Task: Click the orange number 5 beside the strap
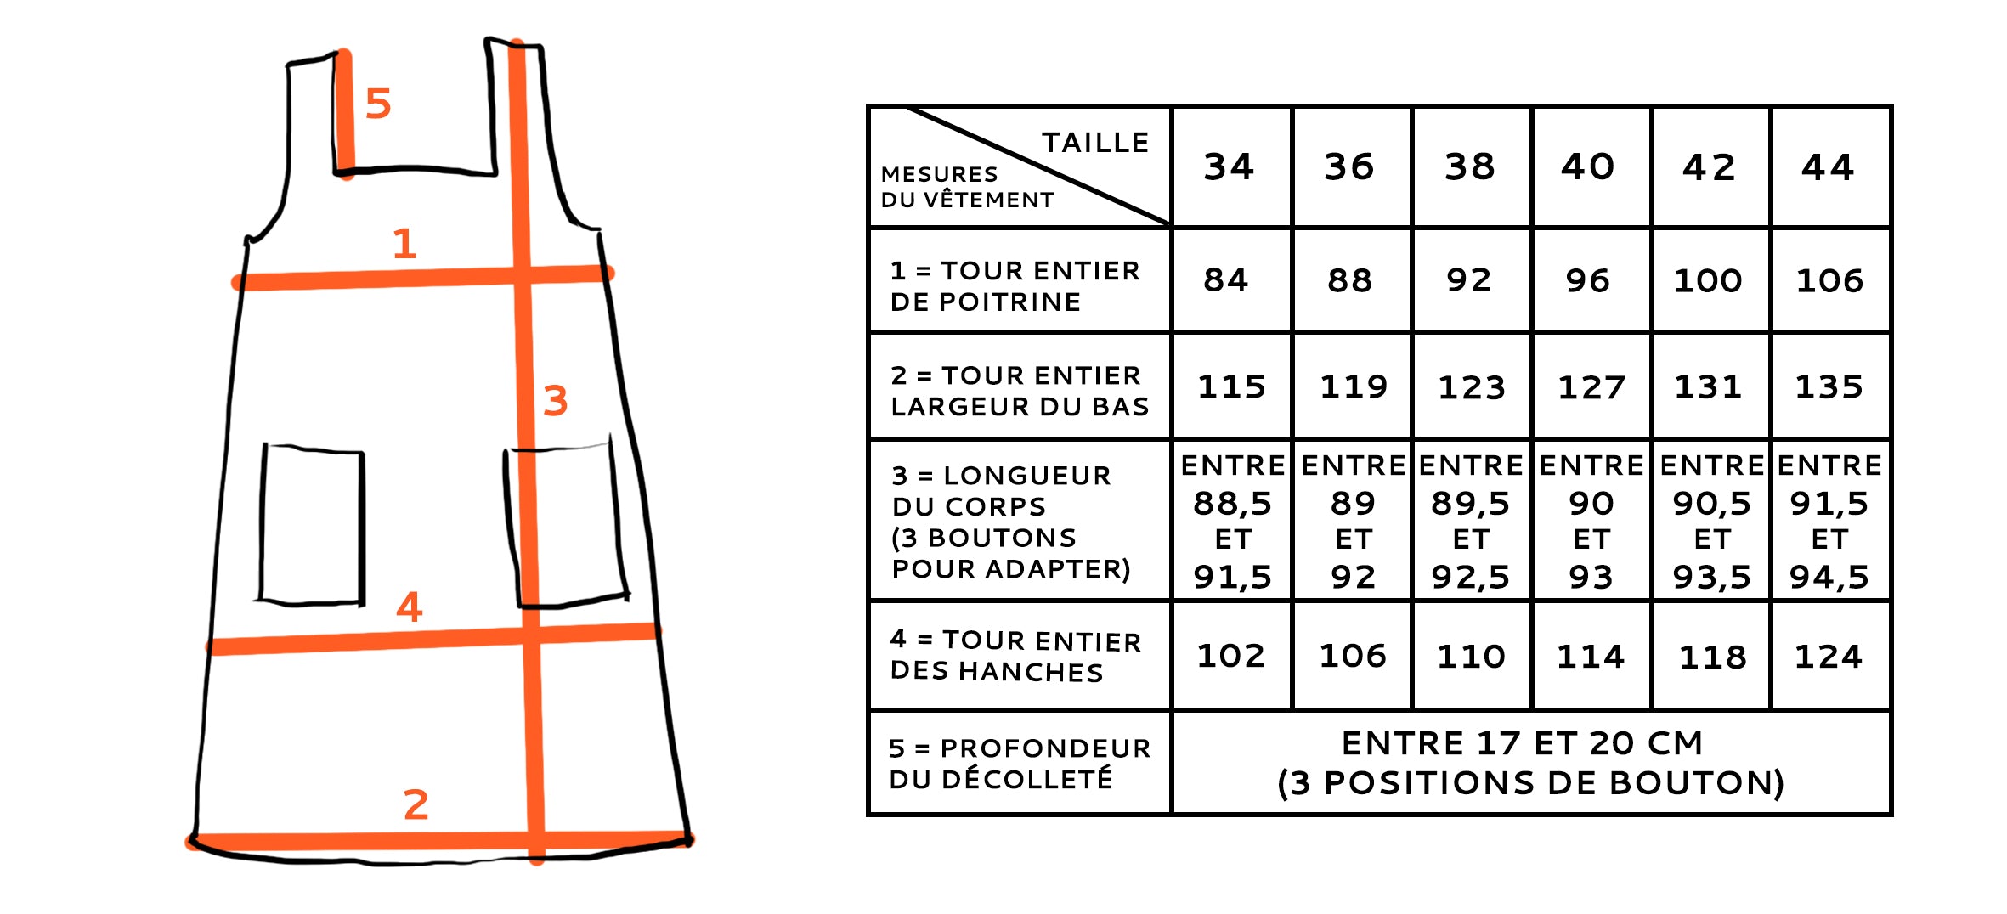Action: coord(378,104)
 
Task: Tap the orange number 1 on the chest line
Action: coord(404,244)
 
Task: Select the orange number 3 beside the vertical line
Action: coord(555,400)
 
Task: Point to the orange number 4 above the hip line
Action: coord(410,607)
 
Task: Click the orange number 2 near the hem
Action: coord(416,804)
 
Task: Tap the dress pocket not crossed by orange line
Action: coord(312,524)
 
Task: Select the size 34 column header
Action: coord(1229,166)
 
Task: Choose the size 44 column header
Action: coord(1829,166)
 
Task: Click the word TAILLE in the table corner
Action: coord(1096,143)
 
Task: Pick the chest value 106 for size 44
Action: coord(1829,280)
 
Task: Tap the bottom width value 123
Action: coord(1472,387)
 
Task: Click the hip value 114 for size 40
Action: coord(1591,656)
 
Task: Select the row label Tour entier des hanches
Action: coord(1015,656)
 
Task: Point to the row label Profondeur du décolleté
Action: coord(1020,763)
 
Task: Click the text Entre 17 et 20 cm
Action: coord(1523,743)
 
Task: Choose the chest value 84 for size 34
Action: coord(1226,280)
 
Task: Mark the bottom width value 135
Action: coord(1829,387)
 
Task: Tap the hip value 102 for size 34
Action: coord(1230,656)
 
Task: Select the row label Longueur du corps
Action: coord(1011,522)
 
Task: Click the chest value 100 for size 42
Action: coord(1708,280)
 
